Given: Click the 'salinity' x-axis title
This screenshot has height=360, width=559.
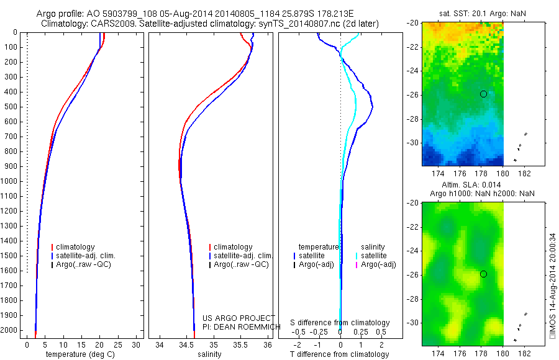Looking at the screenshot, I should point(209,354).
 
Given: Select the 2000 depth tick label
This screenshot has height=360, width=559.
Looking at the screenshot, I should point(10,330).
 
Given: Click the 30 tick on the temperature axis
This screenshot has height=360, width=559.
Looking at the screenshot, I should point(137,344).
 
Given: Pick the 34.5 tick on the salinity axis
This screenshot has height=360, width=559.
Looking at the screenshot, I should point(186,344).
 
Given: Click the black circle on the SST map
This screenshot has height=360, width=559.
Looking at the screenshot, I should point(483,94).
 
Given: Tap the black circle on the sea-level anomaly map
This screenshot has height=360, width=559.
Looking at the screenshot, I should point(483,274).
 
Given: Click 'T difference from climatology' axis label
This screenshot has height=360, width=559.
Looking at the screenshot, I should point(340,354).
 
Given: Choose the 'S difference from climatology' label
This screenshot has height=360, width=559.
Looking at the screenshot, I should point(340,323).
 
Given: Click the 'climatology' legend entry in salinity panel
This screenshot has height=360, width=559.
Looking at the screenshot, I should point(232,247).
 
